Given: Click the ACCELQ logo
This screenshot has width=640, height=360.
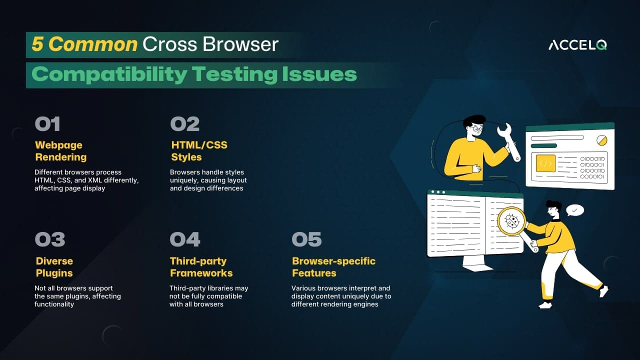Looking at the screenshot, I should coord(577,45).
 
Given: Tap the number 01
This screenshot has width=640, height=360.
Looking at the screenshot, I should coord(47,124).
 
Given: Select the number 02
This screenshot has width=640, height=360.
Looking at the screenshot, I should coord(184,124).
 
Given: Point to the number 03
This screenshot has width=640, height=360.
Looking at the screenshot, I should coord(50,239).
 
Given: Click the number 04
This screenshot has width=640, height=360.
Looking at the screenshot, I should coord(185,239).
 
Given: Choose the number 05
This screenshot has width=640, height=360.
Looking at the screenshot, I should coord(306,239).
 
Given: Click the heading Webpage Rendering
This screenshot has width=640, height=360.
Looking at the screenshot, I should coord(60,151).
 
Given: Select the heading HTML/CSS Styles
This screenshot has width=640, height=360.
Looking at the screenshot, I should coord(199,151).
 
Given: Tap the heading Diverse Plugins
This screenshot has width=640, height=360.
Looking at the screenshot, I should coord(54,267).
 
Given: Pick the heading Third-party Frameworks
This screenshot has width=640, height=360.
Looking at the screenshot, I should coord(201,267).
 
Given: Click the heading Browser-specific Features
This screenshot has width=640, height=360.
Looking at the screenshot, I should coord(333,267).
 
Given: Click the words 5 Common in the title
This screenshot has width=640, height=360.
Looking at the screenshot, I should coord(84,44).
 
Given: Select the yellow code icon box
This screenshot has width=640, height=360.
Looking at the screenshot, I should coord(545,163).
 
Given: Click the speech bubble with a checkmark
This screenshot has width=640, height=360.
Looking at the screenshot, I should coord(574,210).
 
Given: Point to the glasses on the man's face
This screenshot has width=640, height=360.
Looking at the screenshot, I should coord(477,129).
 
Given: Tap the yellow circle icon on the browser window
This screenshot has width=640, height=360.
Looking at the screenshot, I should coord(601,139).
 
